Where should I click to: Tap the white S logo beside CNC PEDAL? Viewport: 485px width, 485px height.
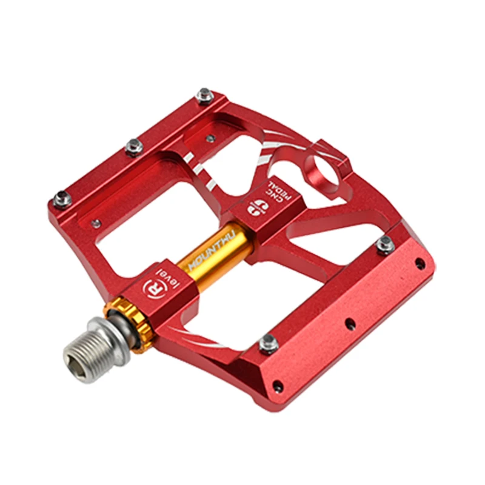click(x=253, y=206)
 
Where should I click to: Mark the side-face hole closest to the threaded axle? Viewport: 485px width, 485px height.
click(x=277, y=385)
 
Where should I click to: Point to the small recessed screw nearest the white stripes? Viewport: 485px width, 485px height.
click(x=210, y=138)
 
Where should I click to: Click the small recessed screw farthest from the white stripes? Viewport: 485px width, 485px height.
click(x=96, y=224)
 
